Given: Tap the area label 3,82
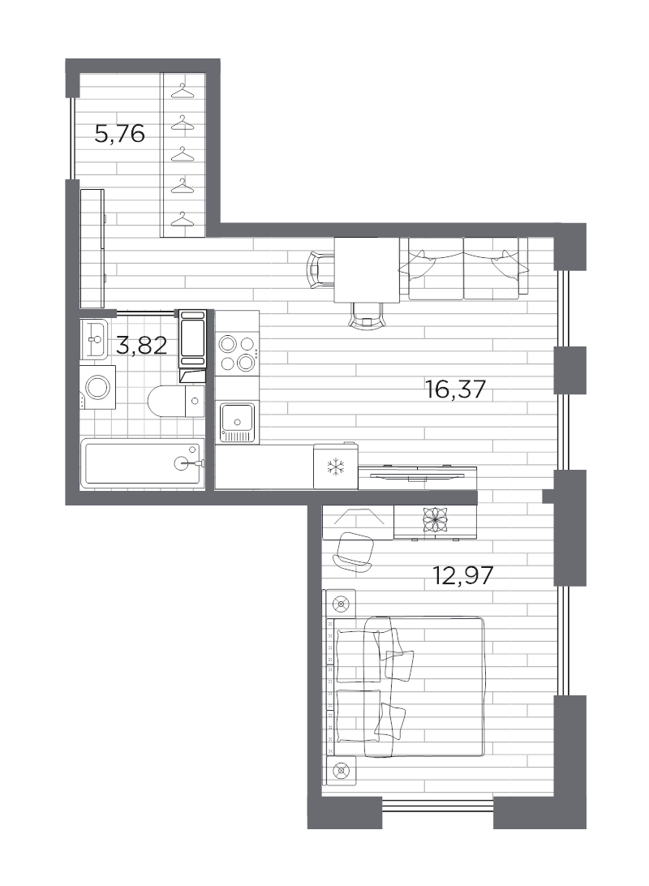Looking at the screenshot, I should coord(142,346).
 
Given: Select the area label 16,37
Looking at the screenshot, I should coord(454,390).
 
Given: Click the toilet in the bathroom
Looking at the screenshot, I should coord(175,399).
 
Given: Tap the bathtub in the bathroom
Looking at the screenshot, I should coord(143,463).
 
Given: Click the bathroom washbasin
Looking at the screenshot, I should coord(93,338).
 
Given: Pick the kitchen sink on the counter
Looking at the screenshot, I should coord(237,421).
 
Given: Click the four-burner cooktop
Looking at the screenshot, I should coord(236,353).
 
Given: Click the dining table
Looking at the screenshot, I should coord(367,269).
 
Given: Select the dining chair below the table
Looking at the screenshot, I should coord(367,312).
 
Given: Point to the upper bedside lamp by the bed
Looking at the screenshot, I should coord(341,603).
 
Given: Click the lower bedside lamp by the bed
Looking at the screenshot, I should coord(341,769).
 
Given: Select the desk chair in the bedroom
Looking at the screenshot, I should coord(355,552).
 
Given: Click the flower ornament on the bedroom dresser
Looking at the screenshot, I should coord(431,519).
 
